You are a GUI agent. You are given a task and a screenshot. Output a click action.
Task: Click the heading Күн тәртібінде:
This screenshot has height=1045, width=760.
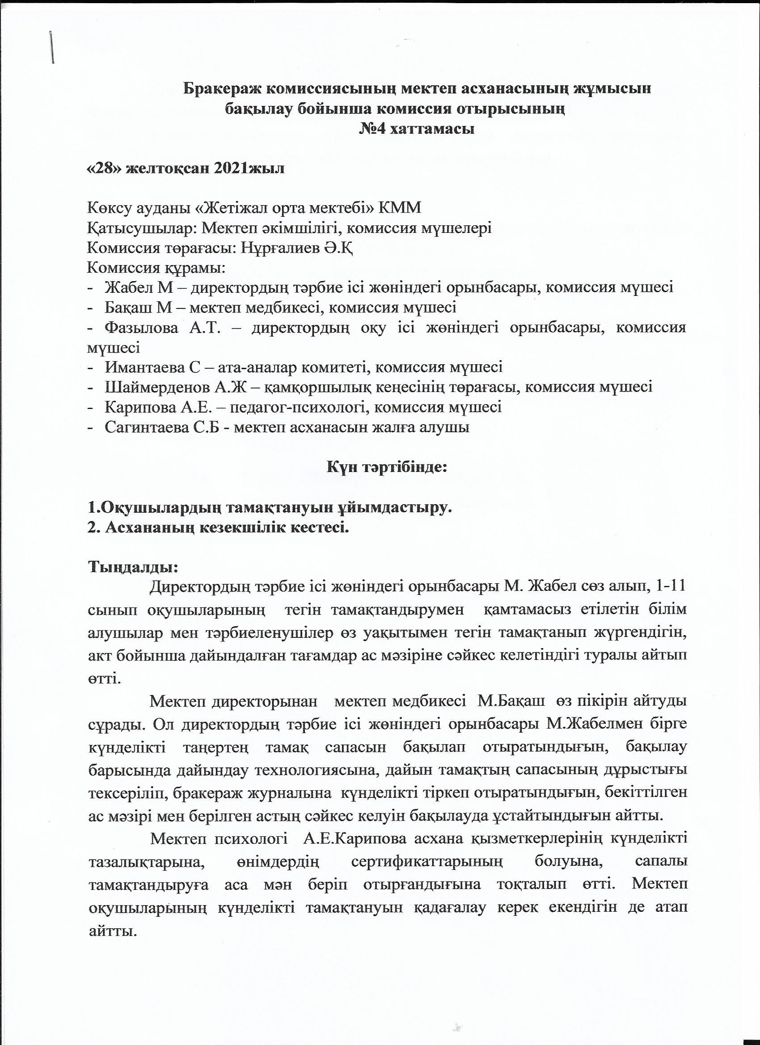[x=387, y=468]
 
